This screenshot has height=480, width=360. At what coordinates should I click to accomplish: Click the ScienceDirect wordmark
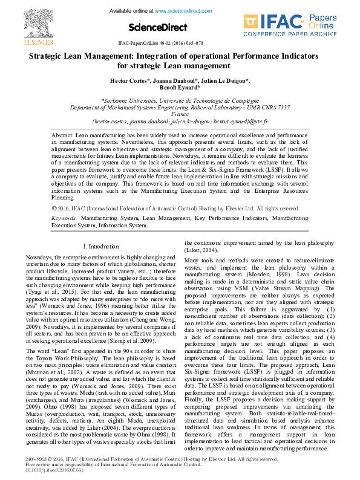click(154, 28)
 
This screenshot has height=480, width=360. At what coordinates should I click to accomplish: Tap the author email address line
click(180, 121)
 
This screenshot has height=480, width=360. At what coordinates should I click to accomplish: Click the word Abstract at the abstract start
click(62, 135)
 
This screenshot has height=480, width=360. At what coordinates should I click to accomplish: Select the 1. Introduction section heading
click(100, 247)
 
